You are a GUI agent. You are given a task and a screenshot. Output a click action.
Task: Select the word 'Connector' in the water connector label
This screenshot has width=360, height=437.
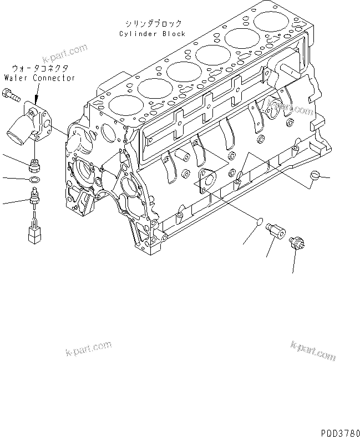tap(54, 78)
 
